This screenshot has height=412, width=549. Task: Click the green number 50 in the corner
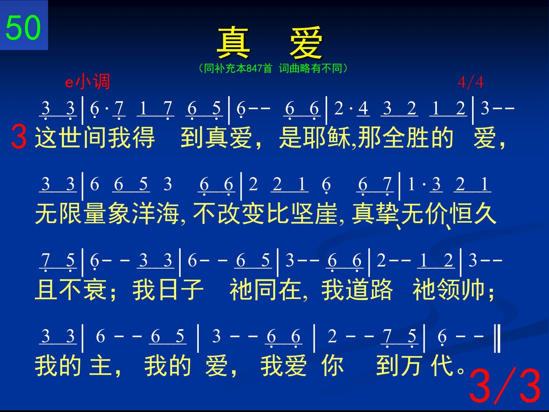pyautogui.click(x=23, y=27)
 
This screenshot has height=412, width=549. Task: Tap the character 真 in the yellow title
pyautogui.click(x=233, y=42)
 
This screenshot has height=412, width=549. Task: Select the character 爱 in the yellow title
pyautogui.click(x=306, y=42)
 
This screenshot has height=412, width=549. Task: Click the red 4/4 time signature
pyautogui.click(x=470, y=82)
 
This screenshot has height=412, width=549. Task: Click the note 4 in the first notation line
pyautogui.click(x=363, y=108)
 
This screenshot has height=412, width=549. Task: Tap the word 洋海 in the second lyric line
pyautogui.click(x=155, y=213)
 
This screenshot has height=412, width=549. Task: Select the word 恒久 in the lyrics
pyautogui.click(x=473, y=213)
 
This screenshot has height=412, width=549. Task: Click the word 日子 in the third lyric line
pyautogui.click(x=180, y=289)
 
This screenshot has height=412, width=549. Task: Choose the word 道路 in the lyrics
pyautogui.click(x=369, y=289)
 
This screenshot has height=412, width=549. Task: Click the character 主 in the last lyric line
pyautogui.click(x=100, y=365)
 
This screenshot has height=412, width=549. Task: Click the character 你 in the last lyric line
pyautogui.click(x=332, y=365)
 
